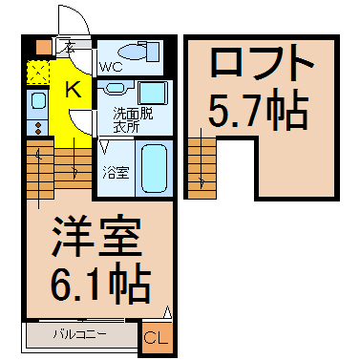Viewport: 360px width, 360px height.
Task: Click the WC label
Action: [111, 66]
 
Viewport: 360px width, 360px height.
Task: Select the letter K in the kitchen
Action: [73, 90]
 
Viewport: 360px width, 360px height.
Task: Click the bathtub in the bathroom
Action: [153, 169]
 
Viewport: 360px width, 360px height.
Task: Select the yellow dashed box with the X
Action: [37, 72]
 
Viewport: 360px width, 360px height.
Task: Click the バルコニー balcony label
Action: [78, 335]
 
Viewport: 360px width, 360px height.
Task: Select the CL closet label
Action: [155, 337]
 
